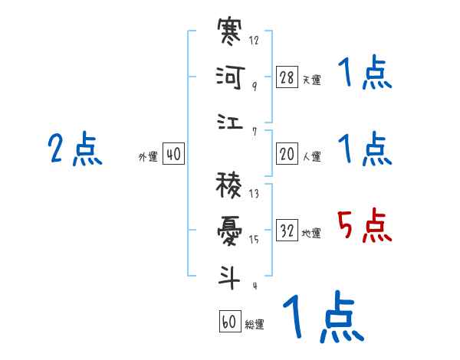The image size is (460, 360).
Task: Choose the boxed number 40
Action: [x=173, y=154]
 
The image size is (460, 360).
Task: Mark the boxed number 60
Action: [x=229, y=322]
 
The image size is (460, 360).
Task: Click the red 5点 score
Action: [x=365, y=227]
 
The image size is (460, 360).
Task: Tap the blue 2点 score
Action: [x=75, y=149]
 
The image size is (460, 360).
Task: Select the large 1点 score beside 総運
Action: [x=322, y=318]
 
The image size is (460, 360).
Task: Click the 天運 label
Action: [x=311, y=80]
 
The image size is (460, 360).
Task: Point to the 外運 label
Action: [x=148, y=156]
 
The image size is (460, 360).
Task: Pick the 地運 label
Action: [x=311, y=233]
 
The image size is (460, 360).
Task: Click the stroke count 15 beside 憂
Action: [x=254, y=240]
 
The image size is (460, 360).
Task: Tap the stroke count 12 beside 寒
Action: [x=254, y=41]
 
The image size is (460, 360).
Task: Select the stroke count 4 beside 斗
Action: [x=254, y=286]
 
